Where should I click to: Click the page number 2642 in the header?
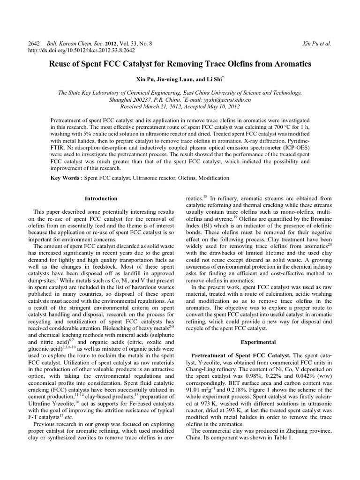coord(35,43)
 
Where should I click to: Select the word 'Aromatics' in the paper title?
coord(289,64)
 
